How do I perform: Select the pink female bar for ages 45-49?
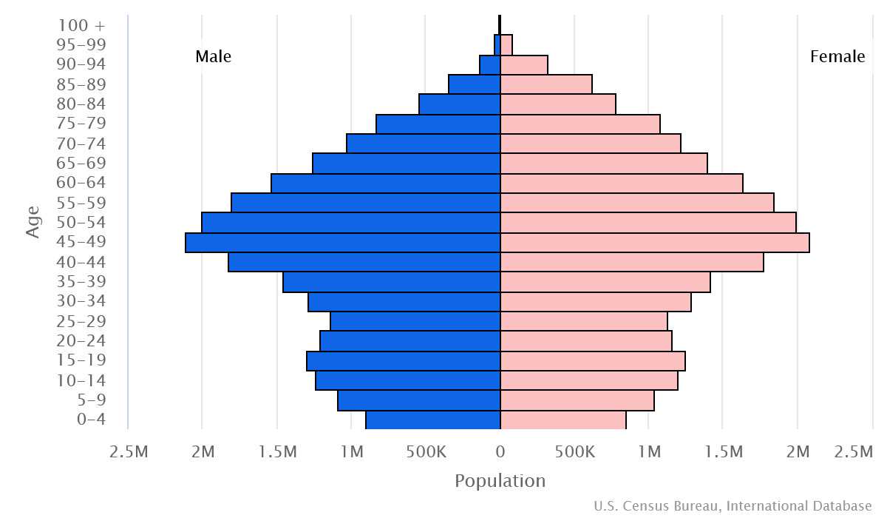click(x=655, y=243)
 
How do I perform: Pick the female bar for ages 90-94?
click(x=524, y=65)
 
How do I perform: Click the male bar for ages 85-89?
click(x=474, y=84)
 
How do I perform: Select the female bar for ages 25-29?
click(x=584, y=321)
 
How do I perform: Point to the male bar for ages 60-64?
click(x=385, y=184)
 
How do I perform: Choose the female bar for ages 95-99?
click(x=506, y=45)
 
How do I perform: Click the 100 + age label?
click(x=81, y=25)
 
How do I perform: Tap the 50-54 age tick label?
click(x=81, y=223)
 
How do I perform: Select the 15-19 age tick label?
click(x=81, y=360)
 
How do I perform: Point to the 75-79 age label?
click(x=81, y=124)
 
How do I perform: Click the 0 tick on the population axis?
click(x=500, y=451)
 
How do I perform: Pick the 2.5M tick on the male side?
click(x=127, y=451)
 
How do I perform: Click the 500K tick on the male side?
click(x=426, y=451)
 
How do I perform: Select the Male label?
click(x=214, y=57)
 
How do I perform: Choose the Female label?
click(x=837, y=57)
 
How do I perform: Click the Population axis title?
click(x=500, y=481)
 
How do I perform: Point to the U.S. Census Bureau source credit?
click(x=733, y=506)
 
